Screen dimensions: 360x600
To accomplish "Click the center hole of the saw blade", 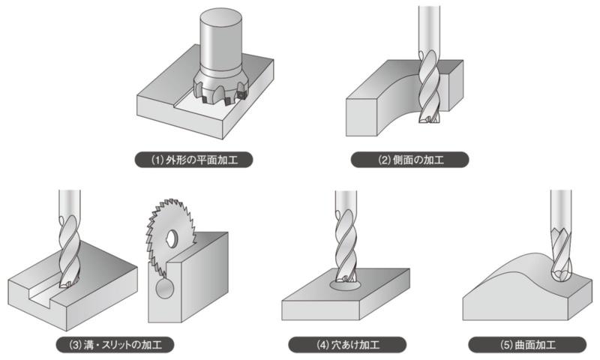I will coord(172,239).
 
